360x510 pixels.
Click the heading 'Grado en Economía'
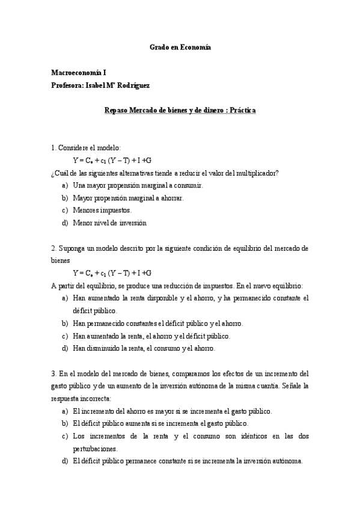tap(180, 47)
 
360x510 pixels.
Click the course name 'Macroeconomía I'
tap(78, 72)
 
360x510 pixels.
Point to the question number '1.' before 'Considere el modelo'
tap(53, 148)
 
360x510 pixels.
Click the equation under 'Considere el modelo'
tap(112, 161)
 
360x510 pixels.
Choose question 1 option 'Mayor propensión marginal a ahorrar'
tap(129, 198)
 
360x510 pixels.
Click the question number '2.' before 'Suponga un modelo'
tap(53, 248)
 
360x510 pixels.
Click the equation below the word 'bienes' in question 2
tap(112, 272)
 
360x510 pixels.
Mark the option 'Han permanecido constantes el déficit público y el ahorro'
tap(157, 323)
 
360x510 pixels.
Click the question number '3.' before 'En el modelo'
tap(53, 373)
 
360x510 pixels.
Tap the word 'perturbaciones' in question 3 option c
tap(96, 449)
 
